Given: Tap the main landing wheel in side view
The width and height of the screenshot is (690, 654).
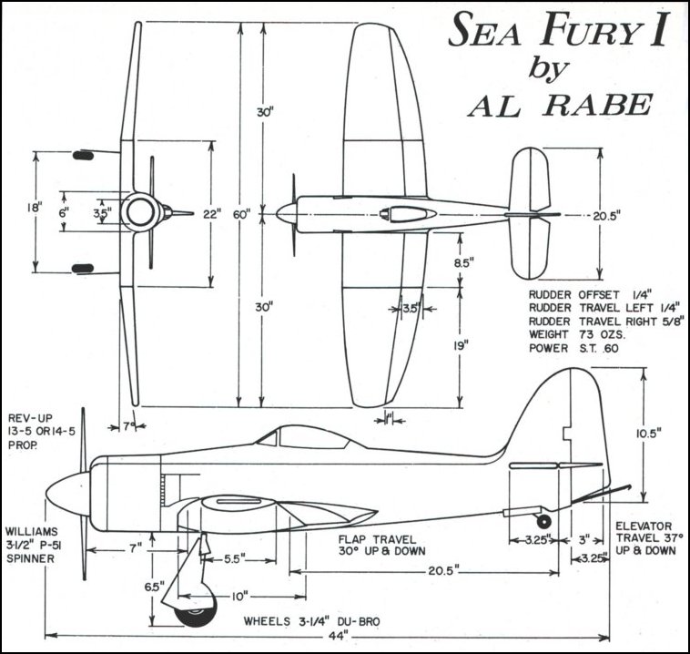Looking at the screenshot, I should click(195, 612).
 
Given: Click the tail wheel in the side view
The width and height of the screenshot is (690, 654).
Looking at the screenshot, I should click(543, 521).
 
